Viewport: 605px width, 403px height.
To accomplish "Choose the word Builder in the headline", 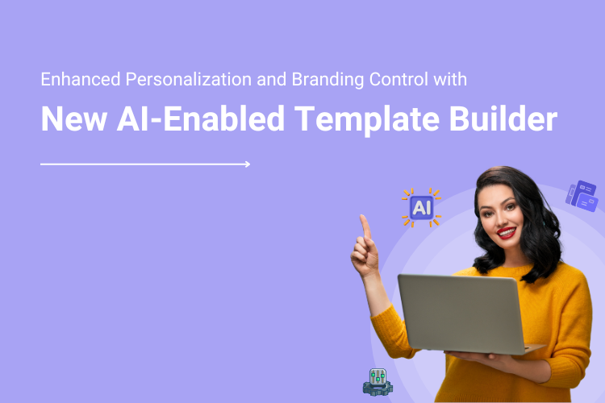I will click(505, 119).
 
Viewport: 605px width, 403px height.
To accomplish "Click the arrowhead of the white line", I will click(247, 164).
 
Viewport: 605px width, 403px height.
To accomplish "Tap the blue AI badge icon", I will click(421, 208).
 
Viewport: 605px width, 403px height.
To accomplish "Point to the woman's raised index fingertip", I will click(364, 218).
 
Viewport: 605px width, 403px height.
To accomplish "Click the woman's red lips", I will click(507, 233).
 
